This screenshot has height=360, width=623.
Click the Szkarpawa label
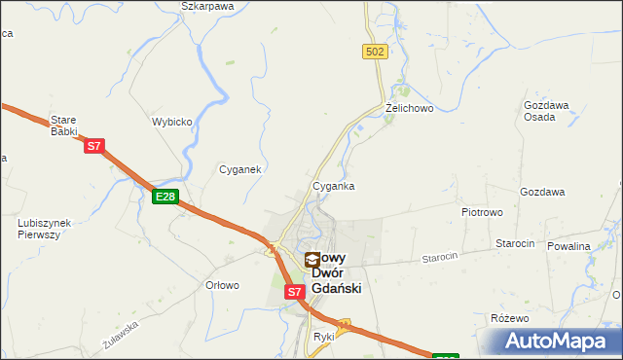click(208, 6)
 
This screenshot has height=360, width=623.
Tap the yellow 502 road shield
click(376, 52)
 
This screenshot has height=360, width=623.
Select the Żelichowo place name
click(409, 107)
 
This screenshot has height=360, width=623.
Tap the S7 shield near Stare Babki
click(93, 147)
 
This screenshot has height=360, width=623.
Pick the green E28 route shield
click(165, 197)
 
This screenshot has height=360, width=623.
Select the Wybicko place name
click(171, 123)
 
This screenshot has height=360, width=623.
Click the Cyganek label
click(238, 169)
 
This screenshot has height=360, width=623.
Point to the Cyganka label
click(333, 185)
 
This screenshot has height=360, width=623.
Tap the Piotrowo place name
click(481, 210)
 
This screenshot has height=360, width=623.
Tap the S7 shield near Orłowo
click(295, 291)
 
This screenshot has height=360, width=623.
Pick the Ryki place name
click(323, 336)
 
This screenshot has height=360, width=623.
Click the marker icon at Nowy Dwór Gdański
click(312, 260)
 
